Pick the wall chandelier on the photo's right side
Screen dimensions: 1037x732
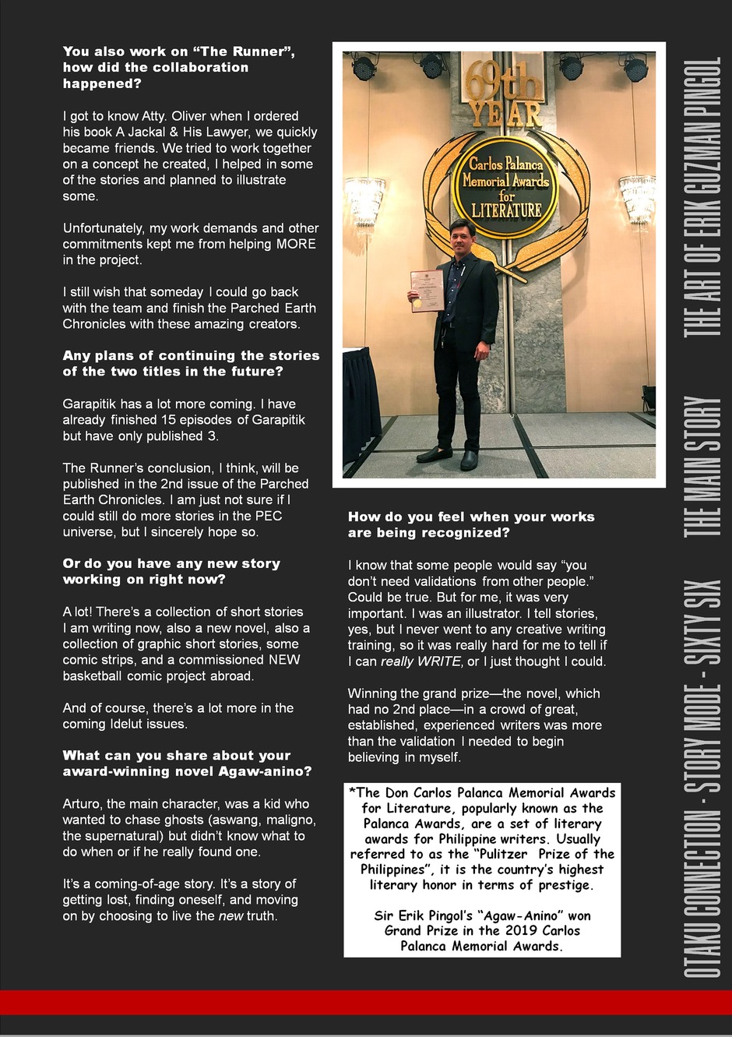[x=638, y=196]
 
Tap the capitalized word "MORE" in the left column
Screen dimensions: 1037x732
[x=296, y=244]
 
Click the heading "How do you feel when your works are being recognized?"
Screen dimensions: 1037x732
[x=471, y=524]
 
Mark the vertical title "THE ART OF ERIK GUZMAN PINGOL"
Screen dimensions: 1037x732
[x=702, y=196]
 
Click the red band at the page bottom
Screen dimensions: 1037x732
[x=366, y=1002]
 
